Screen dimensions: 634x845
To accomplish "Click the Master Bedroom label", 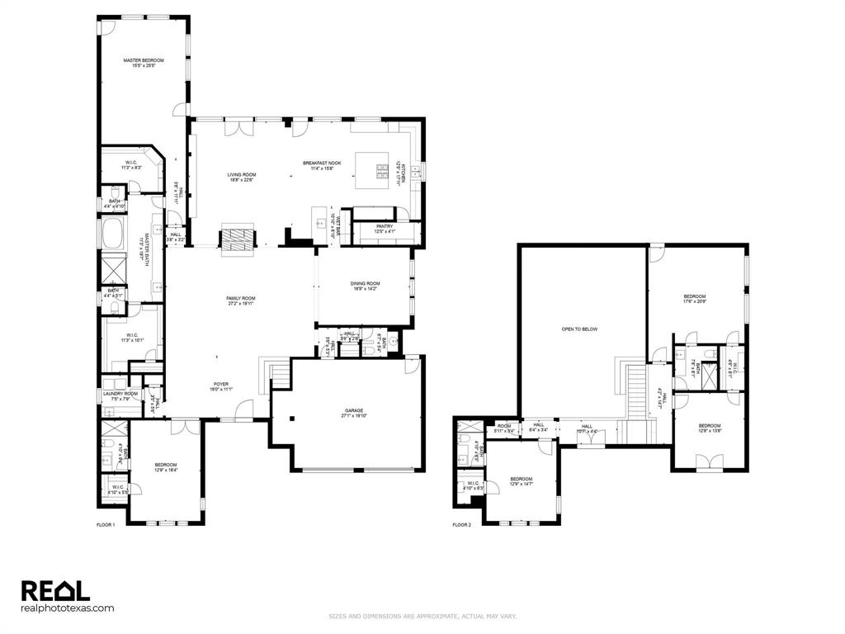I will [144, 63].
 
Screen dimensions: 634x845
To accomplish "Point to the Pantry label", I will [385, 229].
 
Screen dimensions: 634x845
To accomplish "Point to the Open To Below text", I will [579, 329].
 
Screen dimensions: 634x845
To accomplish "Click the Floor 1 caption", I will [106, 525].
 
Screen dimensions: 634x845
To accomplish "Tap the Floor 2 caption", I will [462, 525].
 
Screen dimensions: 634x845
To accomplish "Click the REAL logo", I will [54, 590].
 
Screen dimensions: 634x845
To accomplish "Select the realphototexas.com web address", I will [67, 608].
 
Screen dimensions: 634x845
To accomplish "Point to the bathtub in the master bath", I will [112, 233].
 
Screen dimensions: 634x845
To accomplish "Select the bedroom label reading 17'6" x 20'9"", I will [694, 299].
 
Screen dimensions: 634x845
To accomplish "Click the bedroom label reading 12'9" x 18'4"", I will [166, 468].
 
